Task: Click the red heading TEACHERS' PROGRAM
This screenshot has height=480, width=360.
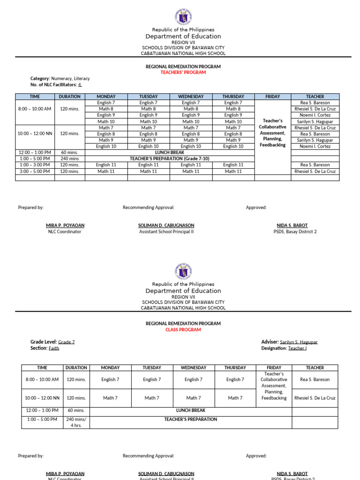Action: [x=183, y=73]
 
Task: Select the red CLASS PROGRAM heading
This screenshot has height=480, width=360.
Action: [x=183, y=330]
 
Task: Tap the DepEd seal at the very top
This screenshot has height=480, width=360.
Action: [x=183, y=15]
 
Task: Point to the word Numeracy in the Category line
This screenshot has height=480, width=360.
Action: [x=62, y=79]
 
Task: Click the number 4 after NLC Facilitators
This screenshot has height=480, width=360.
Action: [x=80, y=85]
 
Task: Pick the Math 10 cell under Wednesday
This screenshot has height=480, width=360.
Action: [x=191, y=121]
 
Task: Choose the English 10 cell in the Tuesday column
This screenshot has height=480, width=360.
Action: [x=148, y=146]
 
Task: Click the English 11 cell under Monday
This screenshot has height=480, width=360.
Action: [x=106, y=165]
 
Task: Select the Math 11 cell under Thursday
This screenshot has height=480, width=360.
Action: [x=233, y=172]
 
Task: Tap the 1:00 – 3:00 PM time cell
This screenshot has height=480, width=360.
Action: [x=35, y=165]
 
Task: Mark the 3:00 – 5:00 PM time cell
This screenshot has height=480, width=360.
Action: [x=35, y=172]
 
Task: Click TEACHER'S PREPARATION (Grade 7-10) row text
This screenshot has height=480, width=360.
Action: [x=169, y=159]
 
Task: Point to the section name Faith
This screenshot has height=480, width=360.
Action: [x=54, y=348]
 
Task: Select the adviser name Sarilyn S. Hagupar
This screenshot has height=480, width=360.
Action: [x=299, y=342]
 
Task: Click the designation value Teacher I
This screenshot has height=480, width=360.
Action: [x=297, y=348]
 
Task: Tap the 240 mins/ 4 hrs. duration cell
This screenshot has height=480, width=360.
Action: [x=76, y=422]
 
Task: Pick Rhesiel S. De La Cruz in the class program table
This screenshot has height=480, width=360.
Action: [x=315, y=398]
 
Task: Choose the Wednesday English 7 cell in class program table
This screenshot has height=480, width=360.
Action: [x=193, y=380]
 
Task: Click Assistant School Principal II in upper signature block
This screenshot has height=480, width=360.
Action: [x=166, y=232]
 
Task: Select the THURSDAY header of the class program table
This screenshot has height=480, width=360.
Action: [x=235, y=368]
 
